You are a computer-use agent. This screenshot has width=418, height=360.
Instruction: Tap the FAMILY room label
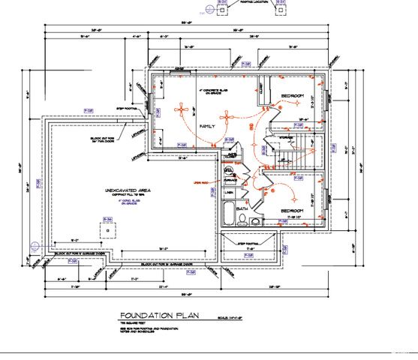point(207,127)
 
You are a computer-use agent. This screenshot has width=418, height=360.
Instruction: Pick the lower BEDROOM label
point(292,211)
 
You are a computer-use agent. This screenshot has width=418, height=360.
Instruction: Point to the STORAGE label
point(288,138)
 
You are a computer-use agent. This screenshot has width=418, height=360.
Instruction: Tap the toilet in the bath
point(242,219)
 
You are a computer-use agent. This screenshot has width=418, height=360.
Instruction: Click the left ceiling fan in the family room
point(182,108)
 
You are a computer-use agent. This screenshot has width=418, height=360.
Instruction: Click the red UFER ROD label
point(200,182)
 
